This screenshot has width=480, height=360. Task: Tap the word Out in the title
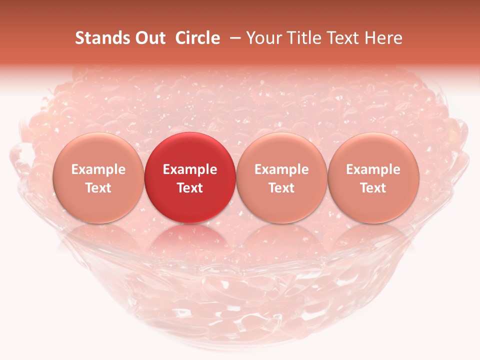[148, 38]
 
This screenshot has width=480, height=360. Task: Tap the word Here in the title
[384, 38]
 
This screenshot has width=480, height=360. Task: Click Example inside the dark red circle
[190, 169]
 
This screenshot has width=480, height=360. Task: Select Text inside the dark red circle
[190, 188]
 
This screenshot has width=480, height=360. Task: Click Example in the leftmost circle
[98, 169]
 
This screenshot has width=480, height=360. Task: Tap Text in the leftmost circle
[98, 188]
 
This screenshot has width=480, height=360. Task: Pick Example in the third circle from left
[281, 169]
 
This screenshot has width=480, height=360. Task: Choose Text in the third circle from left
[281, 188]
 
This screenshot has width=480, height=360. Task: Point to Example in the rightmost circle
[373, 169]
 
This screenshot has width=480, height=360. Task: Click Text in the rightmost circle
[373, 188]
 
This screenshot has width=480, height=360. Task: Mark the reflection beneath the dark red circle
[190, 240]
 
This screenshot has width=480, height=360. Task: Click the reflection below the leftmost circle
[98, 240]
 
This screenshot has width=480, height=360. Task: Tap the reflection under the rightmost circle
[373, 240]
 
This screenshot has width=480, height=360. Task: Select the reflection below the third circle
[281, 240]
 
